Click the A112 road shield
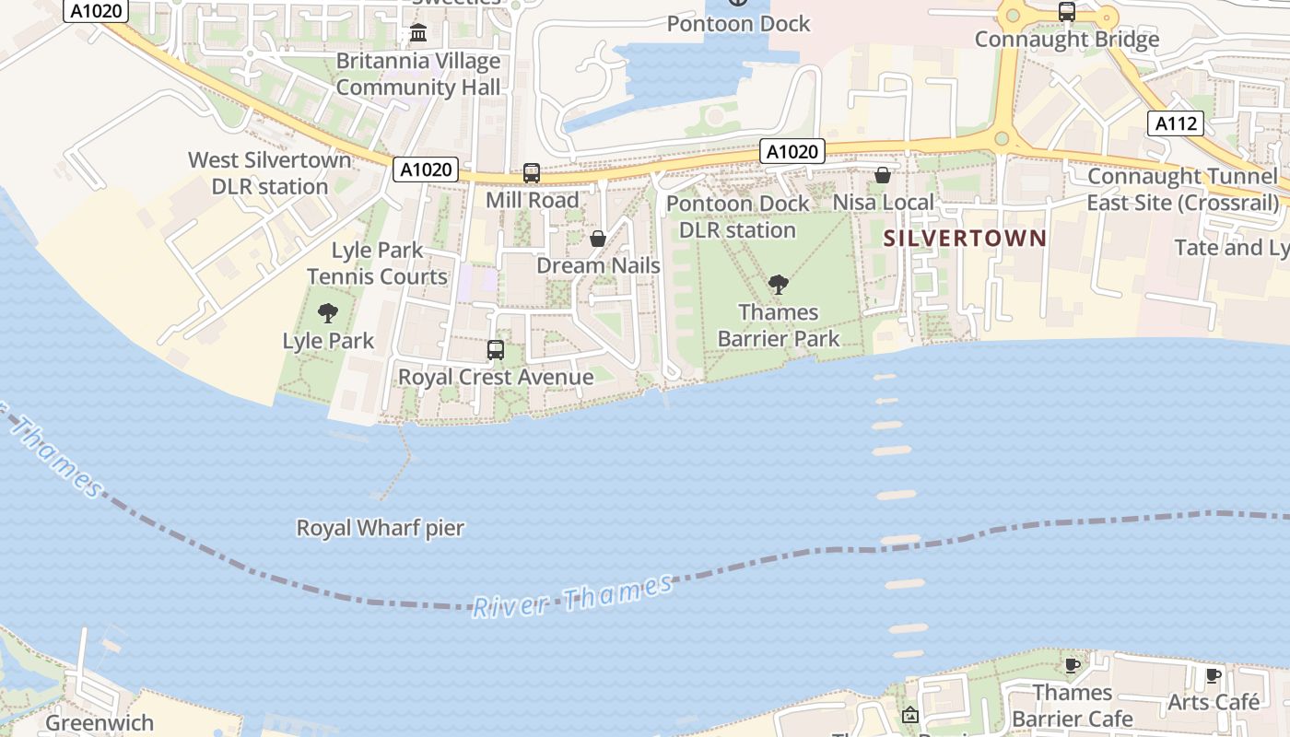pos(1177,123)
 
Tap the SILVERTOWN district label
pos(965,239)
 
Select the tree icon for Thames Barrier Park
pos(779,285)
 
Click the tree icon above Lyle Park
pos(327,313)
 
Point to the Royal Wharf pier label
pos(380,528)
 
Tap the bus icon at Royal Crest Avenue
pos(496,350)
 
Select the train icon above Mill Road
pos(532,172)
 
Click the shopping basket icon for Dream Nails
pos(598,240)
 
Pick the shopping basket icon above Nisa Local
pos(882,174)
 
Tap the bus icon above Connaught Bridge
pos(1066,12)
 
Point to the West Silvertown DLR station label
pos(270,173)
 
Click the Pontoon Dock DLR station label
pos(737,216)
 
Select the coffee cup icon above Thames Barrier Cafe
pos(1072,665)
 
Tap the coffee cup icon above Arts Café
pos(1214,675)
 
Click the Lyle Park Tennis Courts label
pos(377,263)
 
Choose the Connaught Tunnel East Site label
pos(1182,189)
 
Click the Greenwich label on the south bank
pos(100,723)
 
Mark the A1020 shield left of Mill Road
pos(426,170)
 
